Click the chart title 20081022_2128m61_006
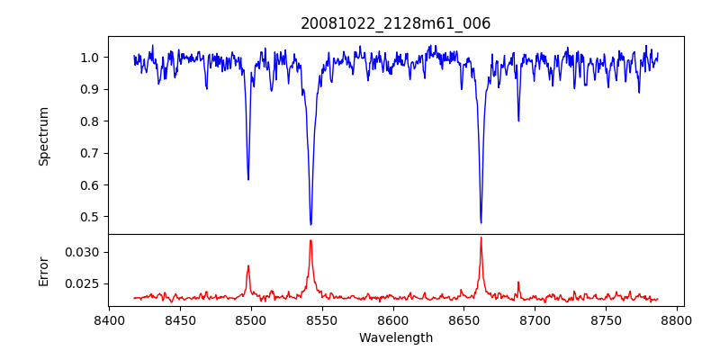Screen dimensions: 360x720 [396, 23]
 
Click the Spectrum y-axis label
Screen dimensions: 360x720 [43, 136]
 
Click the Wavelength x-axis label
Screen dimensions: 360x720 [396, 338]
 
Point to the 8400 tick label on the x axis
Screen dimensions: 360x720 [109, 319]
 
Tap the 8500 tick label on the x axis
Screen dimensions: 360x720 [251, 319]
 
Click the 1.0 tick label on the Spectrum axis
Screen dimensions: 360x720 [88, 58]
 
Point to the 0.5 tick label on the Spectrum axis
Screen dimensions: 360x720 [88, 217]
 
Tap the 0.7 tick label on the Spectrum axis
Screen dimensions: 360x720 [88, 153]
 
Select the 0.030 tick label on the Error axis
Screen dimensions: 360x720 [83, 252]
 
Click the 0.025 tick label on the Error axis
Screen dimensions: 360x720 [83, 283]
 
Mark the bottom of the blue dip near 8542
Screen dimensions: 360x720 [310, 224]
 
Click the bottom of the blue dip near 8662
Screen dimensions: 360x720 [481, 222]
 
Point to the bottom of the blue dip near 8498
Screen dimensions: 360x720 [248, 179]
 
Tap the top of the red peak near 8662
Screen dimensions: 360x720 [481, 238]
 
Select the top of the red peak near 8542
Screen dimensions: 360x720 [310, 240]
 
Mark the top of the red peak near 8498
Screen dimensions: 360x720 [248, 265]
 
